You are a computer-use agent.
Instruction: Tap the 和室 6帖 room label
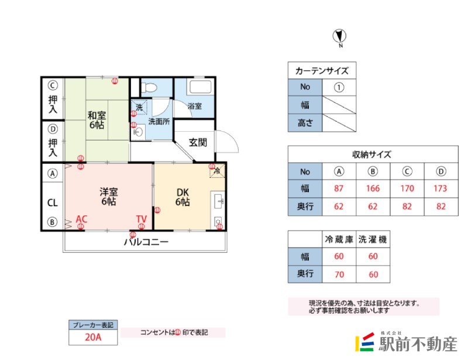tap(97, 120)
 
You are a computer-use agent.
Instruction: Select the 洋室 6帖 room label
tap(108, 196)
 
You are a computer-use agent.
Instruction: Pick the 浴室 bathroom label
tap(195, 107)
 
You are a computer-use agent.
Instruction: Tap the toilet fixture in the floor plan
tap(150, 88)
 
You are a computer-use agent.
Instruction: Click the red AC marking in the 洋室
tap(81, 220)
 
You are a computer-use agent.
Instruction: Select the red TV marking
tap(141, 220)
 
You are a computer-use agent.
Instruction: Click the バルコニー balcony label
tap(146, 242)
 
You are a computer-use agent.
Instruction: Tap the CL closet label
tap(52, 203)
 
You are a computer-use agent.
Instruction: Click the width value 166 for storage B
tap(373, 188)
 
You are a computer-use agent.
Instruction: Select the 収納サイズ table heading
tap(372, 155)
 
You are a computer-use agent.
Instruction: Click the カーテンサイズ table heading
tap(322, 71)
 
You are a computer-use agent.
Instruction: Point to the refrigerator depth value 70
tap(339, 274)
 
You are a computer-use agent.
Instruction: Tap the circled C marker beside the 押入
tap(53, 84)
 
